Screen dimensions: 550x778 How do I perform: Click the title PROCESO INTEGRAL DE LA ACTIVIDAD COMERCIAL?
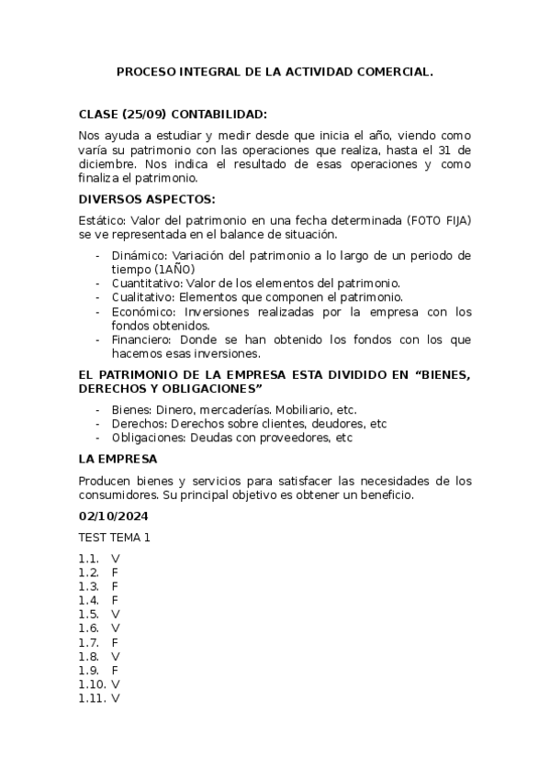275,71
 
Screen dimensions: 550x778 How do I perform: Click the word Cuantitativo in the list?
145,283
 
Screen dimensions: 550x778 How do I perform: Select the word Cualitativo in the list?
142,297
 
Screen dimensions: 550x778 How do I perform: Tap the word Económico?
141,312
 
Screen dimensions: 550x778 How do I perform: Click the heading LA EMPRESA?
118,458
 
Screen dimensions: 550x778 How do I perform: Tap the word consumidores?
120,495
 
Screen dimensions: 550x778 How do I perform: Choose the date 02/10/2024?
115,517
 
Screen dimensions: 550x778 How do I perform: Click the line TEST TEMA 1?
114,538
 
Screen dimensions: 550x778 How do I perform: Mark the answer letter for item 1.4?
115,600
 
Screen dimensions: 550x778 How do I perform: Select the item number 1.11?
92,698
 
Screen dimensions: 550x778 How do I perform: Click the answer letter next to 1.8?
115,656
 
